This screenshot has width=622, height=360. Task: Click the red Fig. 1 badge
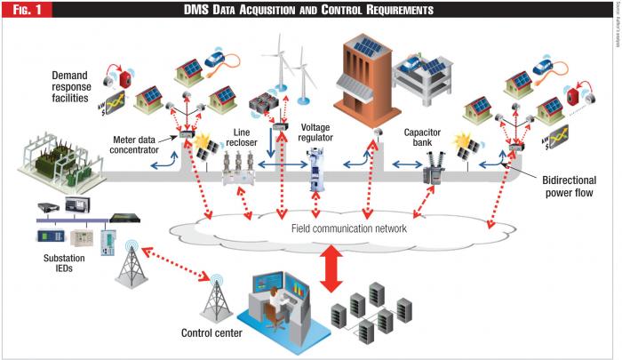click(26, 10)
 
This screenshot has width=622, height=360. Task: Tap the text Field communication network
click(348, 228)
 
